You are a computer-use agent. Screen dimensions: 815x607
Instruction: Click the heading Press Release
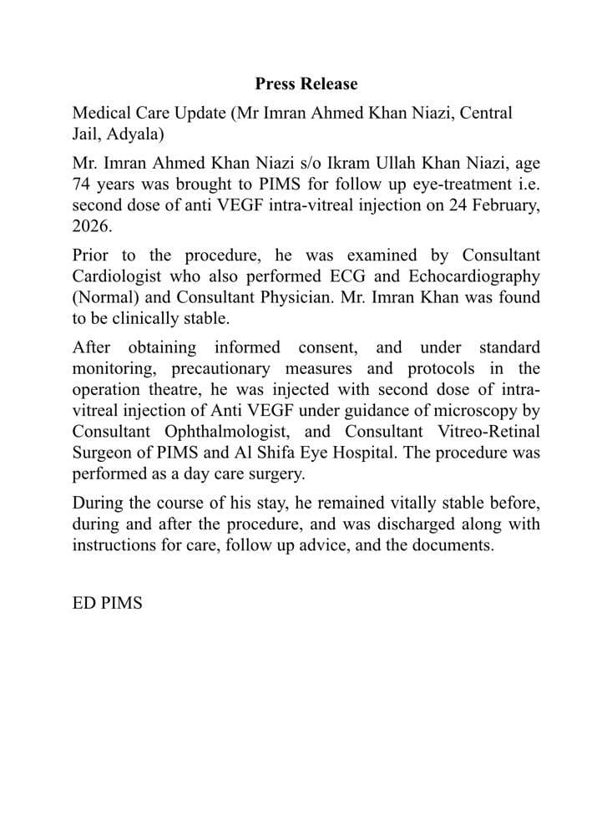pyautogui.click(x=306, y=84)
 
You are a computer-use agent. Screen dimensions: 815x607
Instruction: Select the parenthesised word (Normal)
pyautogui.click(x=104, y=298)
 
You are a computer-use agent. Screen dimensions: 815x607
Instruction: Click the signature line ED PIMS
pyautogui.click(x=107, y=602)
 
